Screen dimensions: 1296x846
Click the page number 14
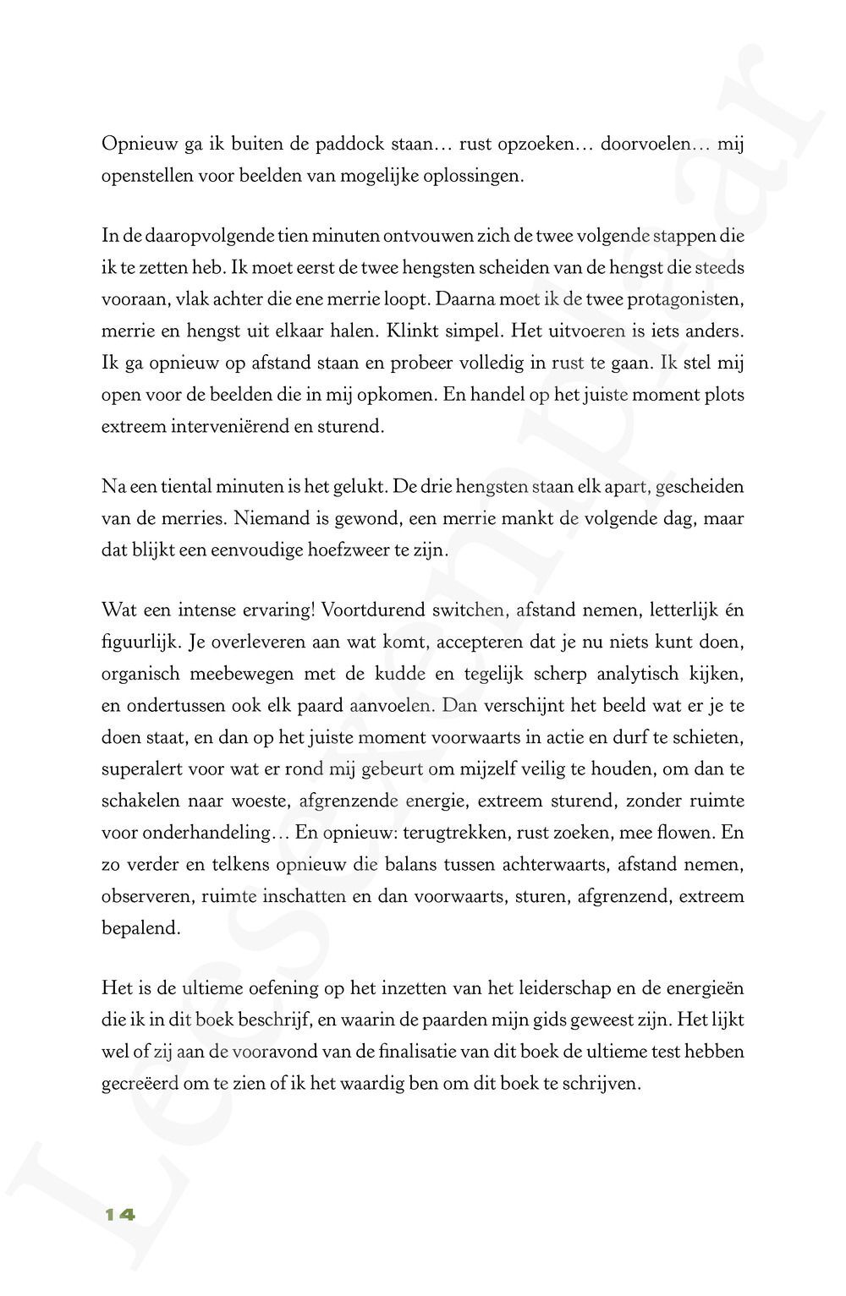[119, 1216]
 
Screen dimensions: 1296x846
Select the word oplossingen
[475, 178]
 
